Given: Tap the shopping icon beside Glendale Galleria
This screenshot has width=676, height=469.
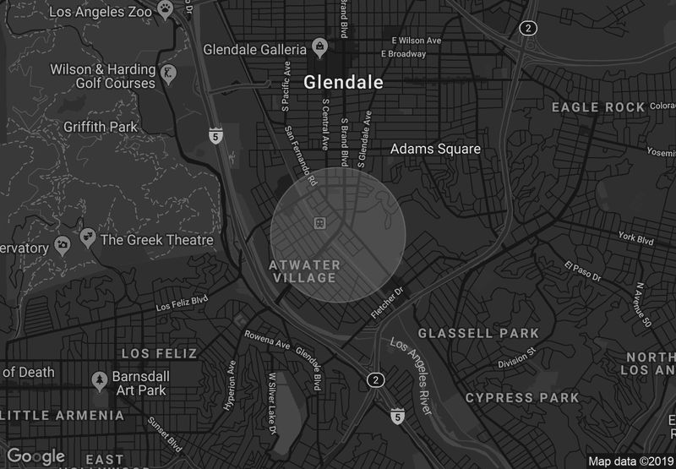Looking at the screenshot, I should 319,48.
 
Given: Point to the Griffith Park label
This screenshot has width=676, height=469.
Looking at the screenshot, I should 100,127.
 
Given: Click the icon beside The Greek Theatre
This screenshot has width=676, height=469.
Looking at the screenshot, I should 87,239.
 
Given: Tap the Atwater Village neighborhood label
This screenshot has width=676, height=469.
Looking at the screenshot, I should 304,270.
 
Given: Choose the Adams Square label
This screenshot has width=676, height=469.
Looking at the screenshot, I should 434,150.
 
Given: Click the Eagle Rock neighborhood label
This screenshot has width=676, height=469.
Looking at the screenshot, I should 598,107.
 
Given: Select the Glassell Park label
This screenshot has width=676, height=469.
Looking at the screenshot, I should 478,333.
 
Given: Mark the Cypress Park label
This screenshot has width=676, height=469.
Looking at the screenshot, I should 522,397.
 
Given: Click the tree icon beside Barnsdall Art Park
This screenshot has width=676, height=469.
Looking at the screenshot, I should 100,378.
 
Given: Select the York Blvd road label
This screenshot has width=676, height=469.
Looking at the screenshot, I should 635,239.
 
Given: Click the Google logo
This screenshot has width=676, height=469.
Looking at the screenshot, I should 35,456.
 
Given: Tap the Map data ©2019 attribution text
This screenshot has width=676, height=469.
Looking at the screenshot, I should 630,461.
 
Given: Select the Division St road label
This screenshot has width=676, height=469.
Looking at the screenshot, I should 517,358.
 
